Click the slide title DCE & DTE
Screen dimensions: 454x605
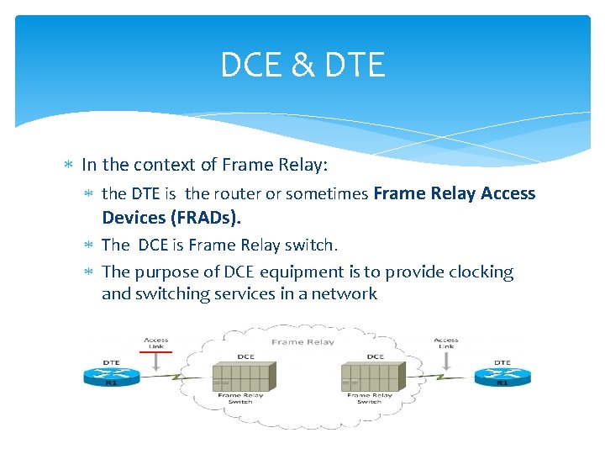(x=302, y=65)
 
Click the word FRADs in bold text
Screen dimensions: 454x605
(x=204, y=218)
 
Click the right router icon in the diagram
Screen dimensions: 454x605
(x=502, y=376)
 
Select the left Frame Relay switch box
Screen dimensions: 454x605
(x=245, y=376)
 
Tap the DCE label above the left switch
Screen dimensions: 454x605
(x=245, y=356)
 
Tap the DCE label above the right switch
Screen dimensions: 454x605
(x=375, y=356)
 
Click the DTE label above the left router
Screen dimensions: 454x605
(x=110, y=362)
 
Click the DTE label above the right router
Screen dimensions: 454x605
(x=502, y=362)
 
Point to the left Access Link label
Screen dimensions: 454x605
(x=156, y=343)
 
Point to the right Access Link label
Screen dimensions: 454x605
(x=445, y=343)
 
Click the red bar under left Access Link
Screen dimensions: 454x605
(x=156, y=353)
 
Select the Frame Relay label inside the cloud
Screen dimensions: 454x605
(x=302, y=342)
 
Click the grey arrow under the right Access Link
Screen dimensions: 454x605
(x=445, y=358)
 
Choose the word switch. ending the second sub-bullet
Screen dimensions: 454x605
(x=312, y=245)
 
